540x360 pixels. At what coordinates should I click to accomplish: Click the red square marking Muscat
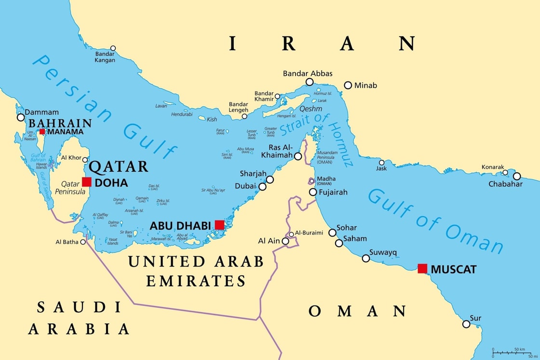coord(422,268)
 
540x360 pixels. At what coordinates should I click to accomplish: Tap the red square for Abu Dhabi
coord(219,225)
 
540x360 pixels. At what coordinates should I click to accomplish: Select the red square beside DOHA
coord(87,182)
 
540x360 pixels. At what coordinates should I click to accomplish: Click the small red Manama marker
coord(42,131)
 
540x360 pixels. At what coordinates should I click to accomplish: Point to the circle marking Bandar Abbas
coord(310,82)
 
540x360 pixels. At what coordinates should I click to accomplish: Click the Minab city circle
coord(348,85)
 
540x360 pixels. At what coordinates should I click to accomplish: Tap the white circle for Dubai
coord(262,186)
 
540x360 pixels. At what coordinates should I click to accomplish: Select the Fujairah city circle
coord(313,192)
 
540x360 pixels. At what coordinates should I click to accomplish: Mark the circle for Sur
coord(466,324)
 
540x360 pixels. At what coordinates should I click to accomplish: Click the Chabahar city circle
coord(517,176)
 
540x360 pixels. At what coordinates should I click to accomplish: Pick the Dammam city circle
coord(21,117)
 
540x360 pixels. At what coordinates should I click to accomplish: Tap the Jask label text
coord(381,168)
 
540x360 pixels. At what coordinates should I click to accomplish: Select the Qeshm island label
coord(310,109)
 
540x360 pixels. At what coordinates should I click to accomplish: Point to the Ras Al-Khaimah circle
coord(298,156)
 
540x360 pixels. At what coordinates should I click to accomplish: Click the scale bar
coord(511,352)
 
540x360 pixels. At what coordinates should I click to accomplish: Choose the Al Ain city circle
coord(285,241)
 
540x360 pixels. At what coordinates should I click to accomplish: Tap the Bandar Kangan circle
coord(113,48)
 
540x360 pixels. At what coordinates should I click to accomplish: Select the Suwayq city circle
coord(366,258)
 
